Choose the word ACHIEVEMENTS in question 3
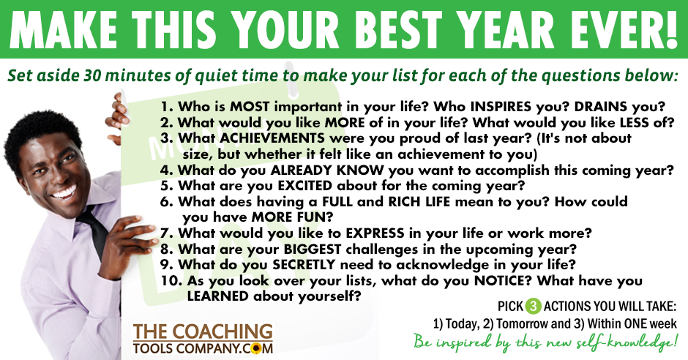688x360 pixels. click(272, 138)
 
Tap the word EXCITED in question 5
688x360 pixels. click(305, 185)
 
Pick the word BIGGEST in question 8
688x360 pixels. click(312, 249)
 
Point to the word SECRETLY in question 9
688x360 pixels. click(304, 265)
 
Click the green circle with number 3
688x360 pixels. click(533, 306)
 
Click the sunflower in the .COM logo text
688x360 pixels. click(255, 348)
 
